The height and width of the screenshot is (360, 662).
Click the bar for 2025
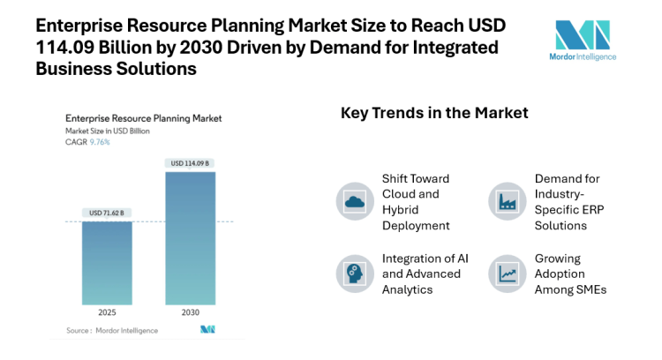107,262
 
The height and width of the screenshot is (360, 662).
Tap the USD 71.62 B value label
107,213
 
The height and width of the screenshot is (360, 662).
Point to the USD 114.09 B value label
190,163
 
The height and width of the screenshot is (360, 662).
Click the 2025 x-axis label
107,312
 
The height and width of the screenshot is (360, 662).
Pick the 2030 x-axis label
190,312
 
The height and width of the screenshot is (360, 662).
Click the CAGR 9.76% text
88,141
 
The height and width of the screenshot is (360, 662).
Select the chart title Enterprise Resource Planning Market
144,117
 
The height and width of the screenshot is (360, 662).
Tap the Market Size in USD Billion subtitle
108,131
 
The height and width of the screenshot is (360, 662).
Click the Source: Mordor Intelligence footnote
112,330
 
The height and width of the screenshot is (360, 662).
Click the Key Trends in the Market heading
434,113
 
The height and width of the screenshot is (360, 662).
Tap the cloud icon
355,200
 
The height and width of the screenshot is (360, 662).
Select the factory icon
508,200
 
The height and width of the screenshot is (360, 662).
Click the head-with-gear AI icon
355,274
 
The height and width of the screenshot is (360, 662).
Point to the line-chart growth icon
508,274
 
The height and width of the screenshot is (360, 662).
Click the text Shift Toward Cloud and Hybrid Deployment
416,201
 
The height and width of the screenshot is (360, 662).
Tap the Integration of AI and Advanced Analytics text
421,274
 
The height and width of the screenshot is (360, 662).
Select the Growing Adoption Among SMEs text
570,274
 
